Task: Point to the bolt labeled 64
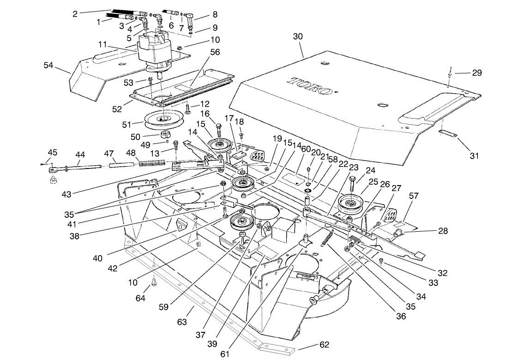(x=154, y=282)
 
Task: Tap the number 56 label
(x=216, y=53)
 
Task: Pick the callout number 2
(x=75, y=14)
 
